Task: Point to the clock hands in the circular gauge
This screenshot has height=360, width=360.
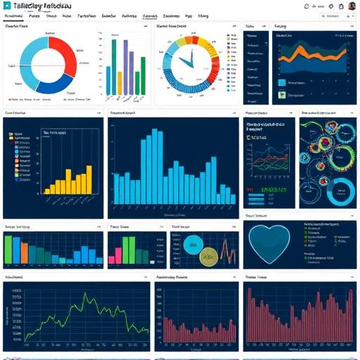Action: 186,62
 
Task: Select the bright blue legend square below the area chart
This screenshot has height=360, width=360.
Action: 282,83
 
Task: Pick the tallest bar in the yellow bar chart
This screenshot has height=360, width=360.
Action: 89,179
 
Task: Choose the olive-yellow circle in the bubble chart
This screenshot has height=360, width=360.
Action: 207,258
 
